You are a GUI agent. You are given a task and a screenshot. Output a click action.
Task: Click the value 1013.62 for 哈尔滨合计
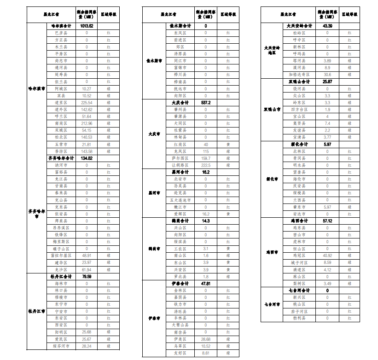tap(87, 26)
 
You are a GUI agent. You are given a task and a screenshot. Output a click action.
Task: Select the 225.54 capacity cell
tap(87, 103)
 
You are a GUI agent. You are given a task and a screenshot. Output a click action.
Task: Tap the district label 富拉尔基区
tap(61, 255)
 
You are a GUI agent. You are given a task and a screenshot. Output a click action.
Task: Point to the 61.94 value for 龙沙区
tap(87, 269)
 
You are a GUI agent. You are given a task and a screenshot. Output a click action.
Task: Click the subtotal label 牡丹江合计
tap(61, 277)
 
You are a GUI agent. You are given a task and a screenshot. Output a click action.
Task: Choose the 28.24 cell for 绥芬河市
tap(87, 346)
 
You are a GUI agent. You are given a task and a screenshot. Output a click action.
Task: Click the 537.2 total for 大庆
tap(206, 103)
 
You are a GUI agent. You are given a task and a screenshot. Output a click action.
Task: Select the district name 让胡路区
tap(180, 165)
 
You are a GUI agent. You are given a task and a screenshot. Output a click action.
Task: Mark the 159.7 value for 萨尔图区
tap(206, 158)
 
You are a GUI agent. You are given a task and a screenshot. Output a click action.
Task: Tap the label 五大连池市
tap(180, 200)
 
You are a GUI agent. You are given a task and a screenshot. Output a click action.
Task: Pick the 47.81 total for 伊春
tap(206, 284)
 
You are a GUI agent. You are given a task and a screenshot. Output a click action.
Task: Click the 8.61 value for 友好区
tap(206, 353)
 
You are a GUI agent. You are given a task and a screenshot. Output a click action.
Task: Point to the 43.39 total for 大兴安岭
tap(328, 26)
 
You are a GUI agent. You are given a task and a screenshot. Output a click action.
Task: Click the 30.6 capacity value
tap(328, 75)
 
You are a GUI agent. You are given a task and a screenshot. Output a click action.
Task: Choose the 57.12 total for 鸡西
tap(328, 221)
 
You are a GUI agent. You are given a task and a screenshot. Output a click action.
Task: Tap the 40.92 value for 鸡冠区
tap(328, 255)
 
